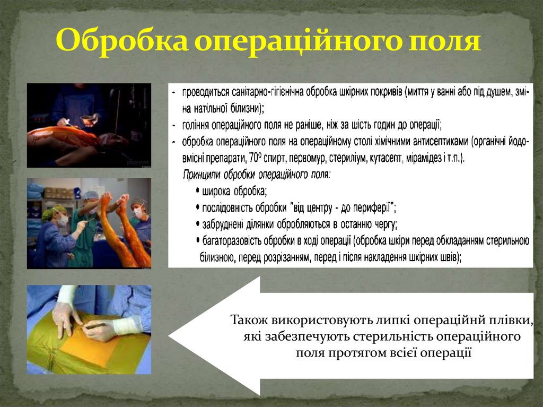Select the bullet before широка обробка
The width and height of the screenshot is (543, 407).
click(197, 192)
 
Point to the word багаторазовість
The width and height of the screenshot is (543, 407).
click(233, 241)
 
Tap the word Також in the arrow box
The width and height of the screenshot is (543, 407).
click(249, 321)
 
